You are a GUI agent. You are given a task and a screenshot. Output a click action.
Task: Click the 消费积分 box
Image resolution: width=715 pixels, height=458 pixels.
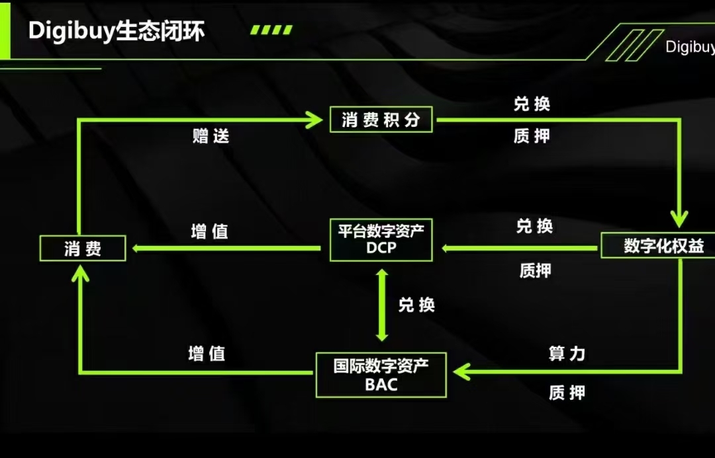click(x=381, y=120)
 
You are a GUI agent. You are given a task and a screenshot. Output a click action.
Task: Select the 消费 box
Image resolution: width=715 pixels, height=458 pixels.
click(x=83, y=248)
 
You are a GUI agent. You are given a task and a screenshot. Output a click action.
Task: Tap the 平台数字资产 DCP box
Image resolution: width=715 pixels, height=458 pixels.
click(x=381, y=239)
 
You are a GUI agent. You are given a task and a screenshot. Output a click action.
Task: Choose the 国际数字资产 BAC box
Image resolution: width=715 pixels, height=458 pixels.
click(x=381, y=375)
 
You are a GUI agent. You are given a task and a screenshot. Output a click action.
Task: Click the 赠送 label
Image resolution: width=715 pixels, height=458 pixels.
click(x=211, y=136)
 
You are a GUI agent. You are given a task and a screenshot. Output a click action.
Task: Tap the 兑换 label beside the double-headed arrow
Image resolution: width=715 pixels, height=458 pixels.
click(x=416, y=305)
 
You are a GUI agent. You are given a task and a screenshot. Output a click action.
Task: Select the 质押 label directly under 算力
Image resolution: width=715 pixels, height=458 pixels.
click(x=567, y=393)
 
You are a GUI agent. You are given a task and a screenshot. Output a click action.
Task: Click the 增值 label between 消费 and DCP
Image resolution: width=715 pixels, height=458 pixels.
click(x=209, y=231)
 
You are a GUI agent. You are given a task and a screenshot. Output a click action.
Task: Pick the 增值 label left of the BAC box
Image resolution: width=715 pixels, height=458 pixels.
click(x=207, y=354)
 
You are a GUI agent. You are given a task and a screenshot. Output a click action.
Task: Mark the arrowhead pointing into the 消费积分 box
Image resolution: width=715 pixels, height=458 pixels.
click(x=314, y=120)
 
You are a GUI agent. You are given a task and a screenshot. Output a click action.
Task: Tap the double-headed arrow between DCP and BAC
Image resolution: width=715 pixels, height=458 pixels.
click(x=382, y=305)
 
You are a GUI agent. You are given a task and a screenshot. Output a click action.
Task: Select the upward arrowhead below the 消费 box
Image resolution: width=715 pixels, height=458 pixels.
click(x=80, y=274)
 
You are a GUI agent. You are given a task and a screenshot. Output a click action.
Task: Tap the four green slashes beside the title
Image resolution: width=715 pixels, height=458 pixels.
click(x=271, y=30)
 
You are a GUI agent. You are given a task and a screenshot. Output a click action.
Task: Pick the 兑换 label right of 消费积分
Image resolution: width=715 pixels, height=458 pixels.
click(x=532, y=104)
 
